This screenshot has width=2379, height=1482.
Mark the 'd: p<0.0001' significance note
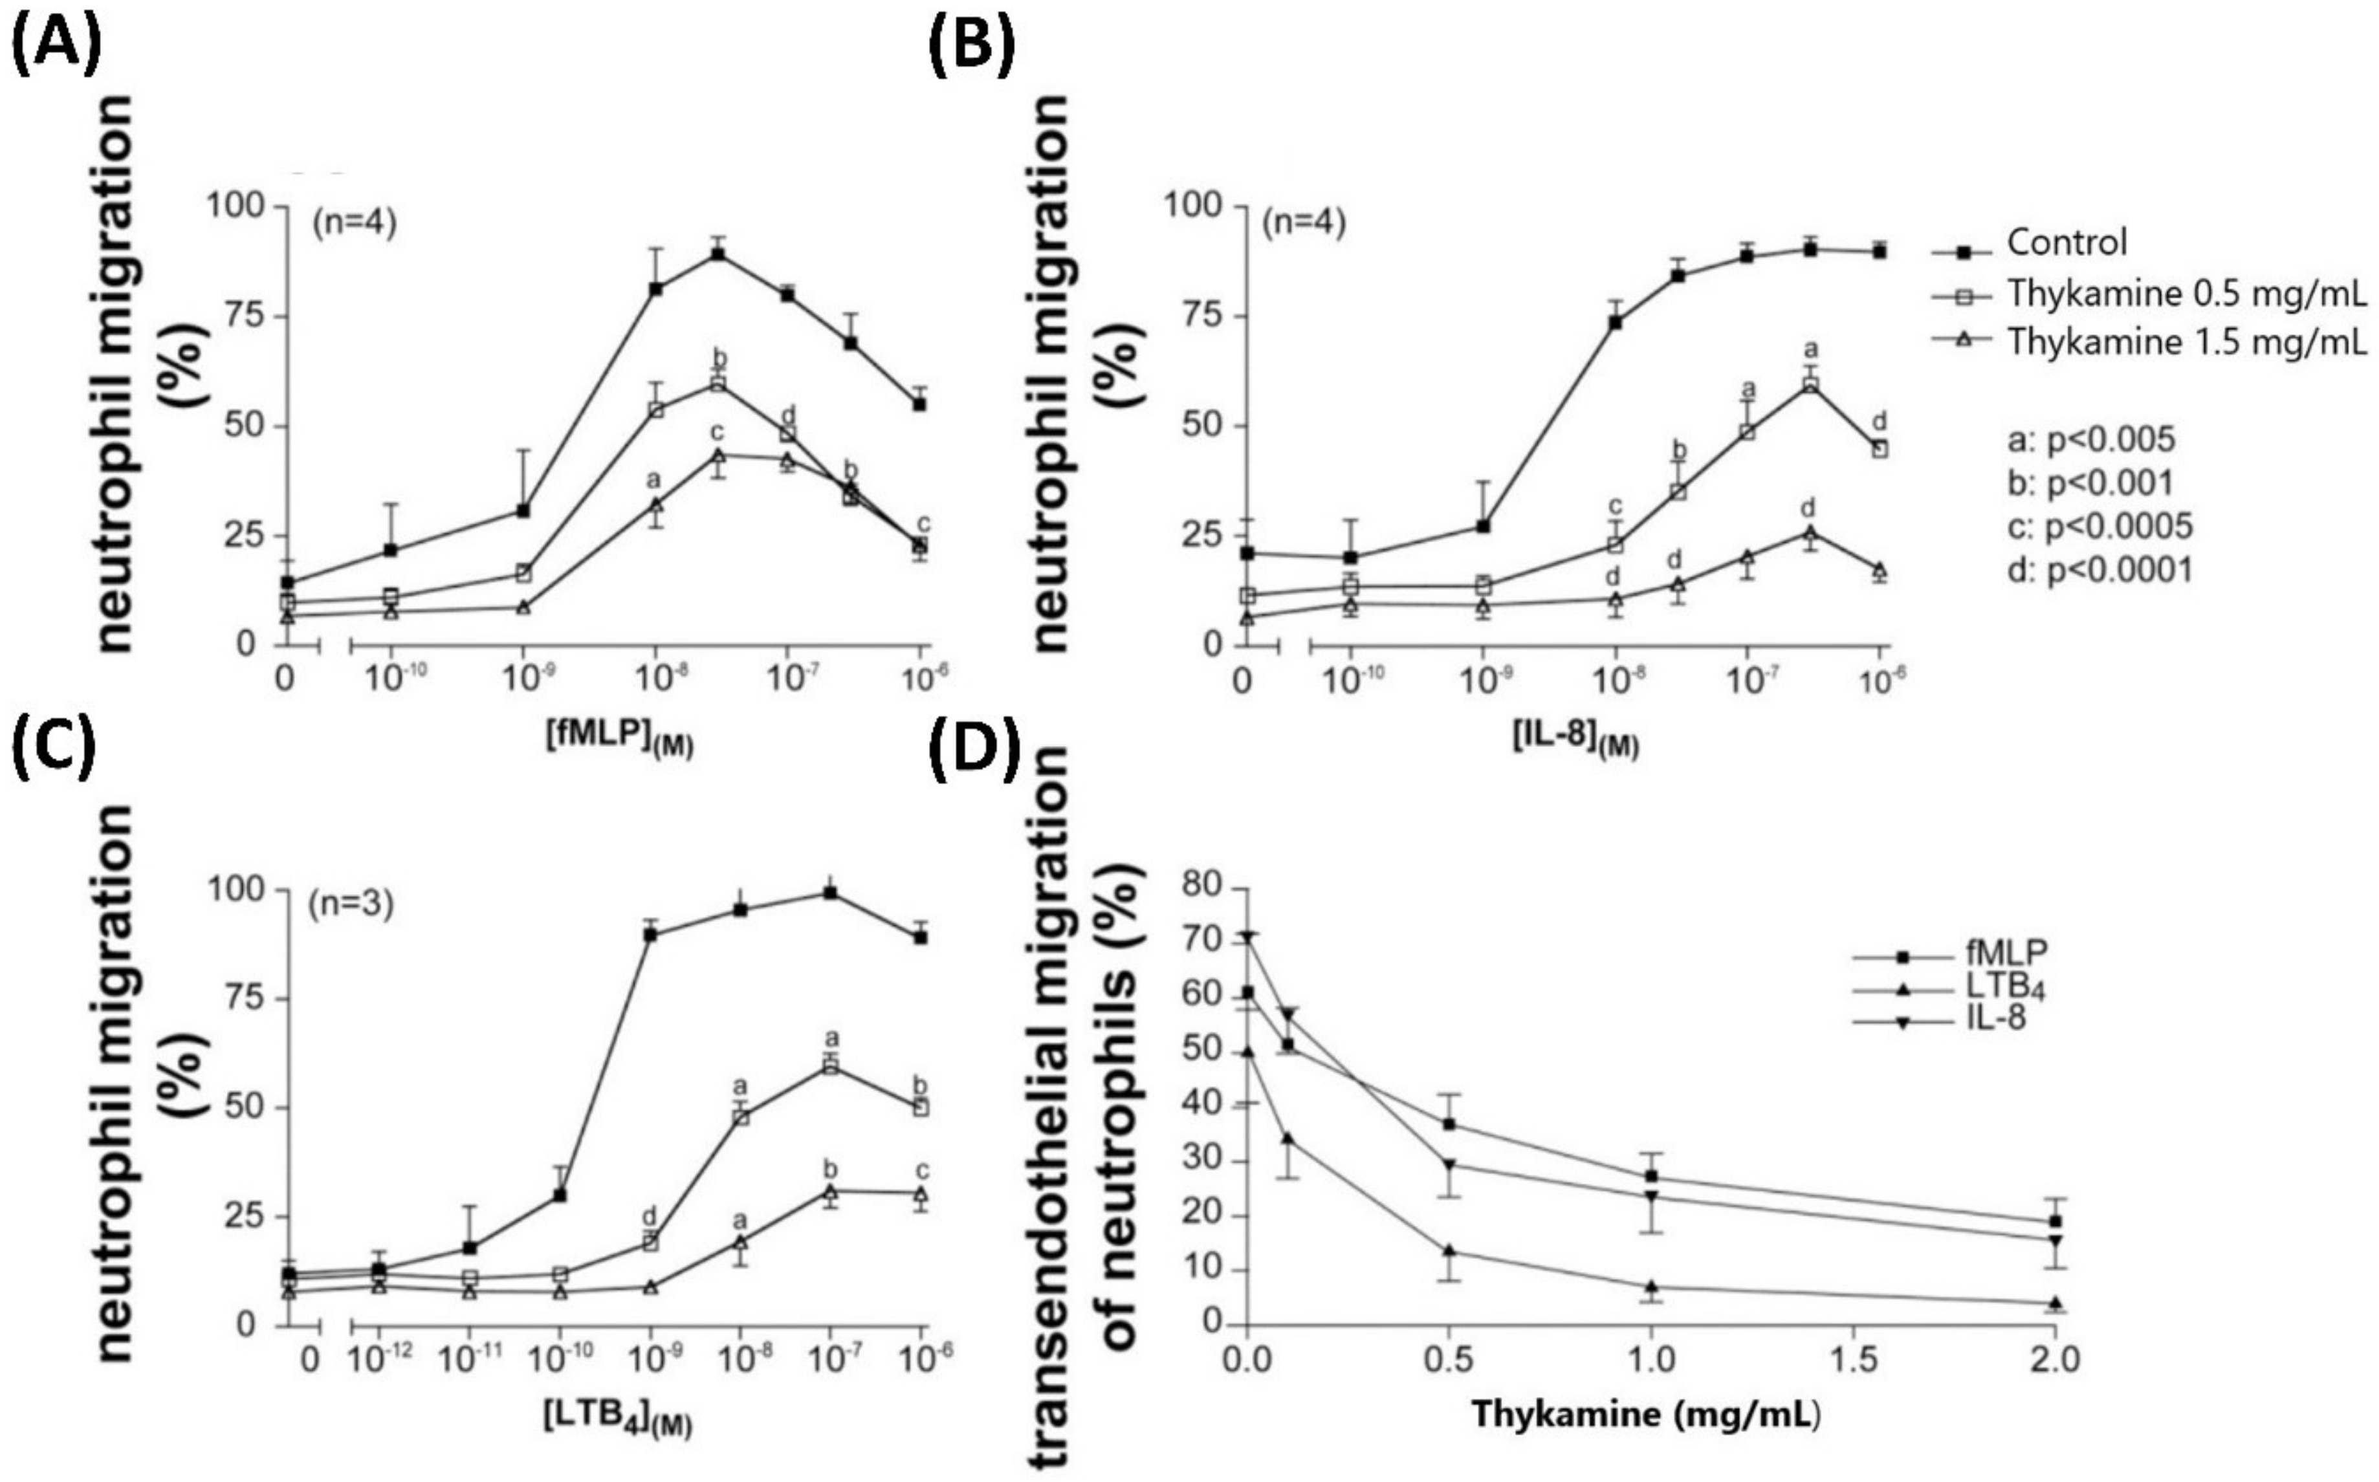coord(2099,569)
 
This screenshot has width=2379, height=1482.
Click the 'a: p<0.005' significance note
coord(2090,439)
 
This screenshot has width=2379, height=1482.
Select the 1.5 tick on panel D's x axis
coord(1852,1360)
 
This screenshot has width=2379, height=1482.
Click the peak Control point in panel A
coord(719,254)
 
